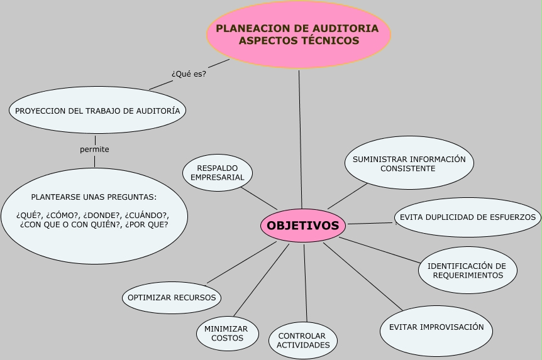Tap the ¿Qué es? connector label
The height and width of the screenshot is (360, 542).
click(x=189, y=74)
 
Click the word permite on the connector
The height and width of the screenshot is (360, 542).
click(x=94, y=150)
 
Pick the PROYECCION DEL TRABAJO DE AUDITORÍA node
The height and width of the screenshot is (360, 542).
click(x=97, y=111)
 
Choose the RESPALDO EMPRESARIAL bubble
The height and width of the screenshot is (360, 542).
click(x=217, y=173)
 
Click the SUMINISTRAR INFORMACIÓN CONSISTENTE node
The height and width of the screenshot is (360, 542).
click(x=409, y=163)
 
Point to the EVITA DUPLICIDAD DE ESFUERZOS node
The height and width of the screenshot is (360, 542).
click(x=468, y=217)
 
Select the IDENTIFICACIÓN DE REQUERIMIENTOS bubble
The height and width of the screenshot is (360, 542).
click(x=467, y=270)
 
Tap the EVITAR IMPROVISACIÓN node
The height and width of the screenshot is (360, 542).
click(x=436, y=327)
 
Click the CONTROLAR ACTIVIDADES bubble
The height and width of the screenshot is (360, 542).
click(x=303, y=341)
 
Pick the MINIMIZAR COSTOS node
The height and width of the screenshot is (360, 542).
click(x=227, y=334)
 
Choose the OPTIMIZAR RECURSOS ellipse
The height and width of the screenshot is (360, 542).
click(x=171, y=298)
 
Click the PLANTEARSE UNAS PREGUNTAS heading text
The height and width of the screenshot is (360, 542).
click(x=94, y=197)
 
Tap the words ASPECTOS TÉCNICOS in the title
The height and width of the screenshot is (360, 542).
click(x=299, y=41)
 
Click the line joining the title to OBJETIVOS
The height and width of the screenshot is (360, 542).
click(x=301, y=138)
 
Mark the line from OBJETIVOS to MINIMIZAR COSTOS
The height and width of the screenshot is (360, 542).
click(x=261, y=280)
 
